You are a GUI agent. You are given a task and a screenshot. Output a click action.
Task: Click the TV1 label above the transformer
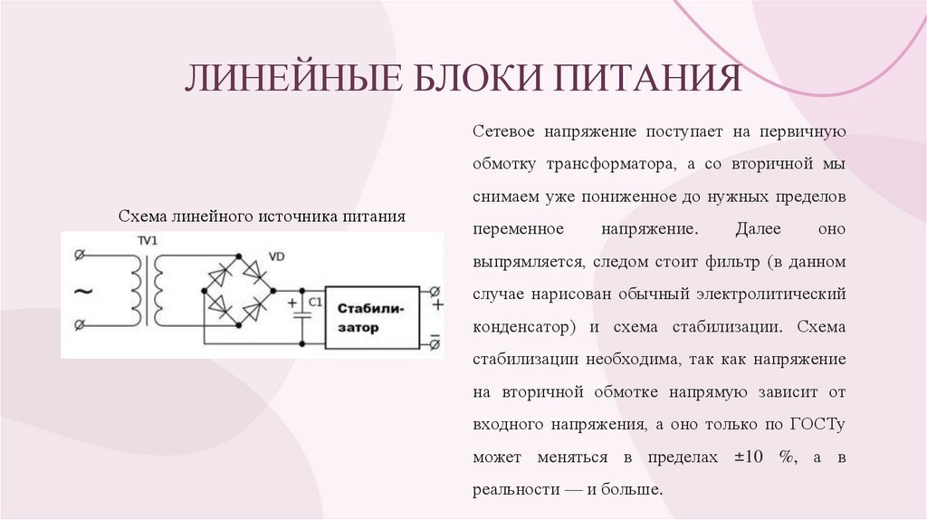point(147,241)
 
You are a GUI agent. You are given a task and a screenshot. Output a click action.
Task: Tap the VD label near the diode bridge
point(277,257)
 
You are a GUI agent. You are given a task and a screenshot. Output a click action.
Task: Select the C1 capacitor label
point(315,301)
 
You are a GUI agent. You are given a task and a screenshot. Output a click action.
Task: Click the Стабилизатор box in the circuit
point(372,318)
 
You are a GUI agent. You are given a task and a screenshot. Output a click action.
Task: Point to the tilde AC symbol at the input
point(81,292)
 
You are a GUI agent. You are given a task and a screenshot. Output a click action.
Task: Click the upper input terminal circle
point(80,256)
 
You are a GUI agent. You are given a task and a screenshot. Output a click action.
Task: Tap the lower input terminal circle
point(80,324)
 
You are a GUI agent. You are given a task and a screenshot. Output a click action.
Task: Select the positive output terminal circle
point(435,292)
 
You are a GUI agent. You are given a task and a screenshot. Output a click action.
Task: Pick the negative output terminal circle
point(435,343)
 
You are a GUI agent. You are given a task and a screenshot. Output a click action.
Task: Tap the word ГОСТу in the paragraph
point(817,423)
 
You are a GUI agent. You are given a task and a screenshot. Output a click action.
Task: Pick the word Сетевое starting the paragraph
point(502,131)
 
